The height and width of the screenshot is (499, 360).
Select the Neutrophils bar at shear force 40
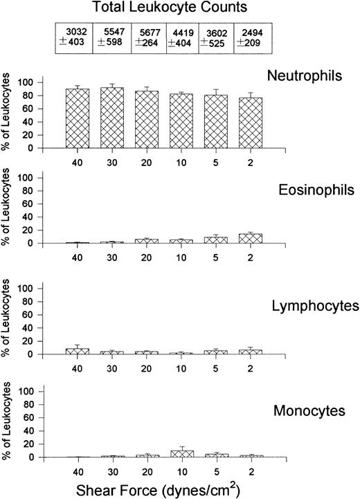tap(78, 118)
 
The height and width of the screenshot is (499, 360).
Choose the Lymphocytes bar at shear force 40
tap(78, 351)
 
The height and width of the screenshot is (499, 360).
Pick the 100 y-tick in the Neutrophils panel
tap(28, 82)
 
